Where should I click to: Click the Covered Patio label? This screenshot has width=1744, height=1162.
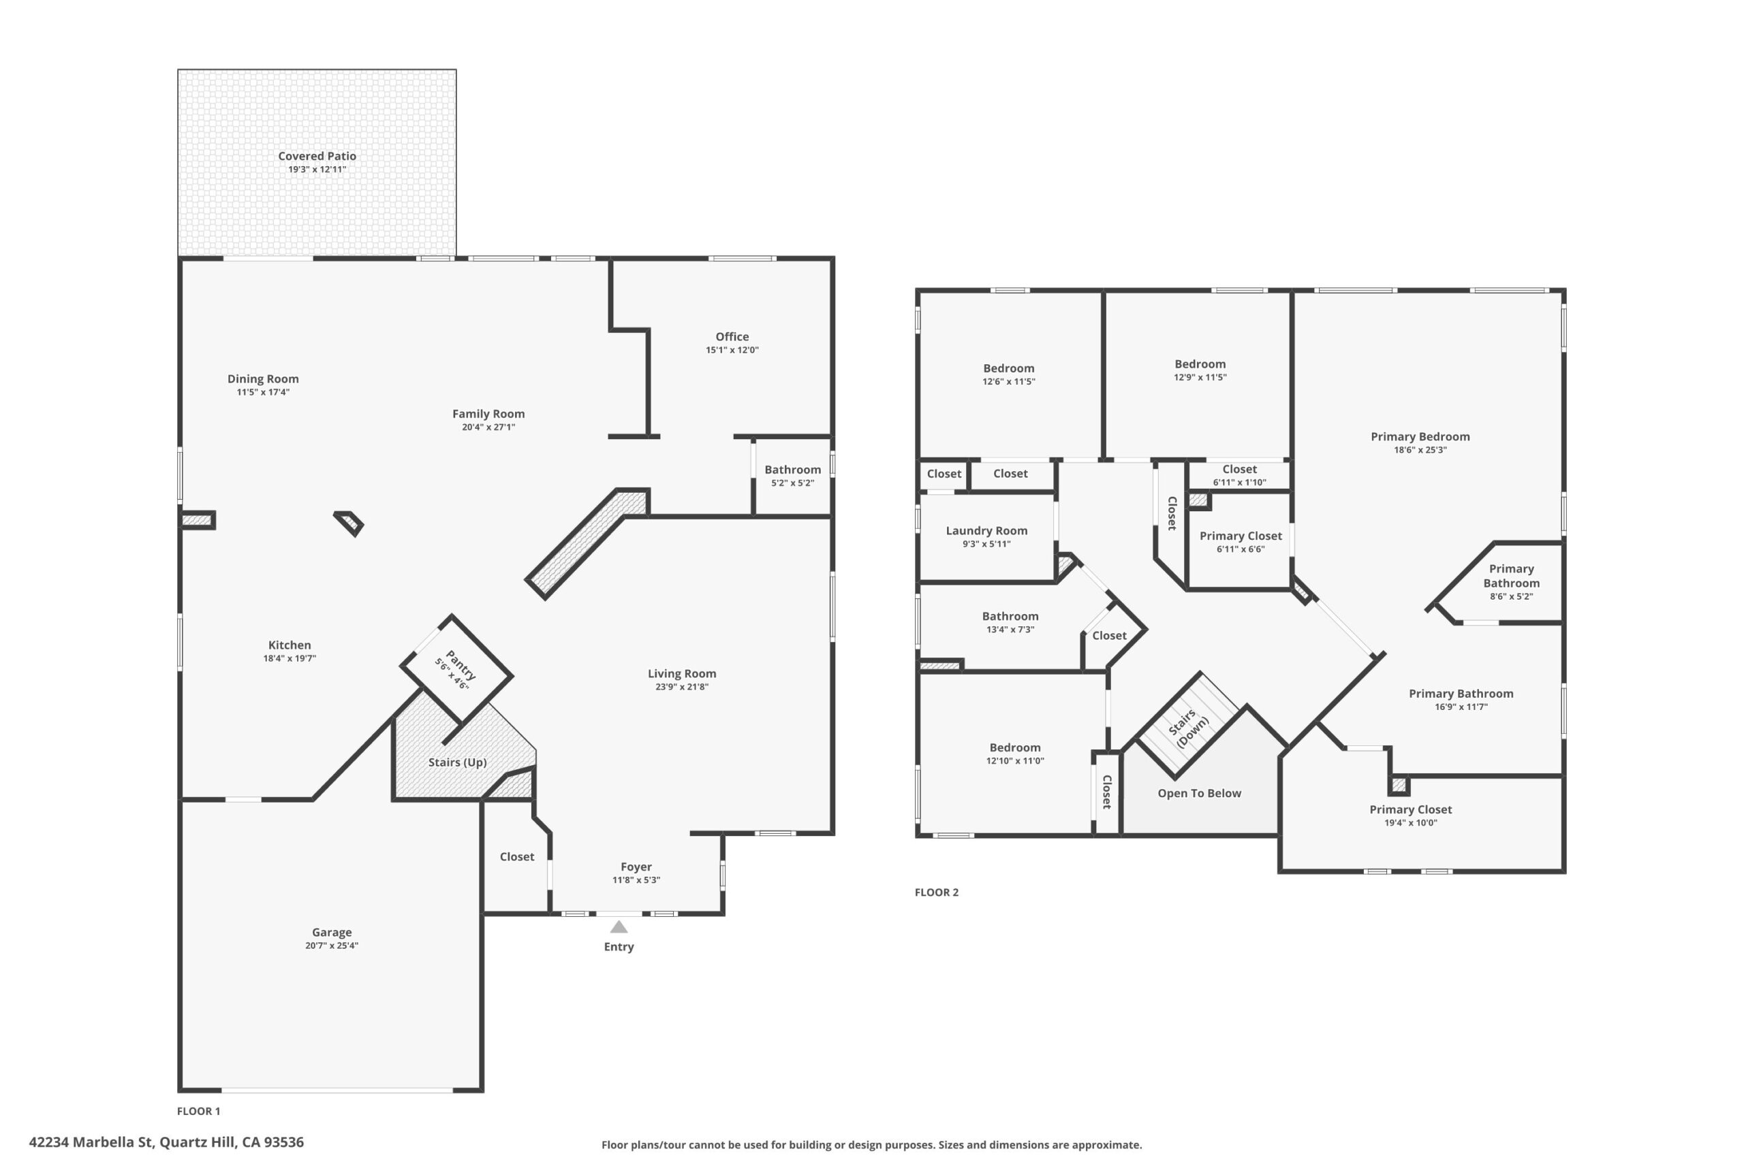pos(317,156)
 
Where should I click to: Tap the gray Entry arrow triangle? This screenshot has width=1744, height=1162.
pos(619,927)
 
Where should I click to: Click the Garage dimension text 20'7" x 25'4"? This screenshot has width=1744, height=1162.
pos(332,946)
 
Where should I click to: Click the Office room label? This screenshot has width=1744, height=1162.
pos(732,336)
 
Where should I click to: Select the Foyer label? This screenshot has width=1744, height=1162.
pos(636,867)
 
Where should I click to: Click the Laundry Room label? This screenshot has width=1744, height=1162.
pos(986,530)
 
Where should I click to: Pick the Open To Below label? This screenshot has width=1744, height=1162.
pos(1199,793)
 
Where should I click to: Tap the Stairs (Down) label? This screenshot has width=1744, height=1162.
pos(1188,728)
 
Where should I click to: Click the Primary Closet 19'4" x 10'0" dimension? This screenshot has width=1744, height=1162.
pos(1410,822)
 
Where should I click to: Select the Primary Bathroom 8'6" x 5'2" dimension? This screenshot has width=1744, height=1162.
pos(1511,596)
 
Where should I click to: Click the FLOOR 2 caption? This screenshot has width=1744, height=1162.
pos(937,892)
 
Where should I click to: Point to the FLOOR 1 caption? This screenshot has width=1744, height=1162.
pos(198,1111)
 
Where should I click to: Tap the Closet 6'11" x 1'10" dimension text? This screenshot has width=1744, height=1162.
pos(1239,483)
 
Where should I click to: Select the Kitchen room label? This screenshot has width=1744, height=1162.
pos(289,645)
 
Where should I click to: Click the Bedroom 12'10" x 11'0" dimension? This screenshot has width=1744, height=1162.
pos(1014,760)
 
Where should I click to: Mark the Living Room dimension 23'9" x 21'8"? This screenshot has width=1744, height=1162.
pos(681,687)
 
